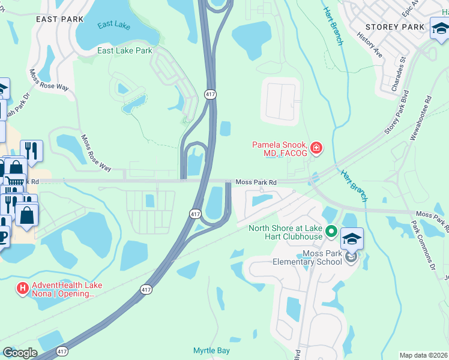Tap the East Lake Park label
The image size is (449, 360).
click(125, 51)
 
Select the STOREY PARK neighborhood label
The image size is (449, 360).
click(395, 27)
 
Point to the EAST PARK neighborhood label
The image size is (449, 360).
click(59, 19)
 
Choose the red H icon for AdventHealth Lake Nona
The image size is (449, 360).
click(23, 289)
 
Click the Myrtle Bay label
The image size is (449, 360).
click(211, 350)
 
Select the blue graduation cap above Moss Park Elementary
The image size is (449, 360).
click(352, 238)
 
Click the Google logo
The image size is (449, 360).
click(20, 353)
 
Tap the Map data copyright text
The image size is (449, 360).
click(423, 355)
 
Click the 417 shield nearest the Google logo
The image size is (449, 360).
click(62, 351)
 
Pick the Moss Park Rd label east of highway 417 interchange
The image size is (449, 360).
click(256, 182)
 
